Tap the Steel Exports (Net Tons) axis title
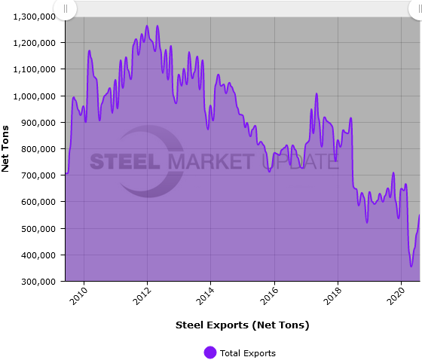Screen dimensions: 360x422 (242, 325)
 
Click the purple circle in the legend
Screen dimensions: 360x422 (210, 352)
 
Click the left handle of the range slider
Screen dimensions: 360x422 (66, 8)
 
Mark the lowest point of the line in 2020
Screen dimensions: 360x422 (411, 266)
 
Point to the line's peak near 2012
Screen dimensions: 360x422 (147, 26)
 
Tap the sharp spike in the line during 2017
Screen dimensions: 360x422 (316, 93)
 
